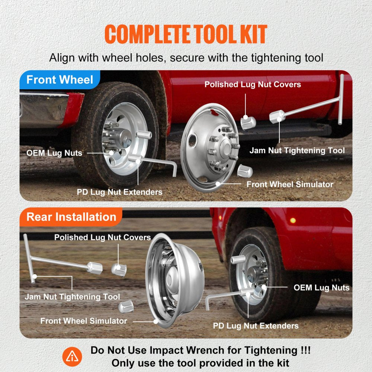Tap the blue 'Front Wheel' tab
click(60, 80)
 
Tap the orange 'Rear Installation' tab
click(71, 217)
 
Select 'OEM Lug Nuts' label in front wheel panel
click(54, 153)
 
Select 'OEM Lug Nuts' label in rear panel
click(321, 288)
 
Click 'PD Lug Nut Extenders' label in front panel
click(119, 192)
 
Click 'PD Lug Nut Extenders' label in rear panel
click(256, 326)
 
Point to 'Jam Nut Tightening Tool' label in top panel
click(297, 151)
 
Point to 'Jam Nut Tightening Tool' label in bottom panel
click(72, 297)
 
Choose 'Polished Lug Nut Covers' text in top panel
click(253, 84)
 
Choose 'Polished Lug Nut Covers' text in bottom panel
click(102, 237)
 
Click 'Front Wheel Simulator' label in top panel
click(290, 184)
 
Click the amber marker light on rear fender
click(293, 220)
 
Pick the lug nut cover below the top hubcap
click(246, 171)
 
